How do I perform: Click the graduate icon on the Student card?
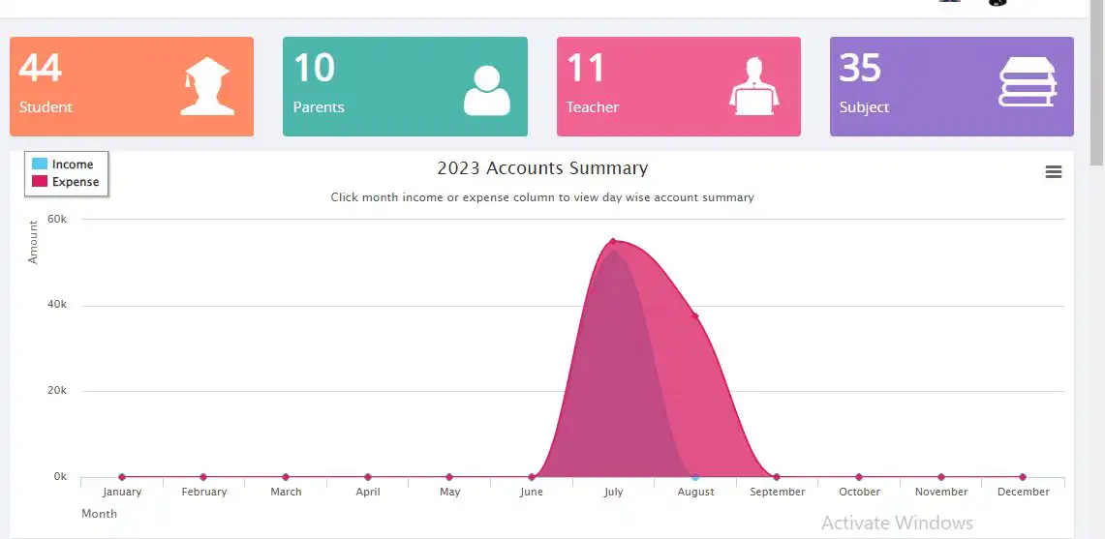coord(208,86)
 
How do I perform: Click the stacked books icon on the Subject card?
coord(1028,83)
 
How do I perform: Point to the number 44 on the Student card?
coord(41,68)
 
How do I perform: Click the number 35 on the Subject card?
coord(860,68)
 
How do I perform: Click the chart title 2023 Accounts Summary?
coord(542,168)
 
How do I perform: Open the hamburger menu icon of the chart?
coord(1054,172)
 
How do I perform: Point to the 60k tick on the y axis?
coord(59,220)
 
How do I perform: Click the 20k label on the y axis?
coord(59,391)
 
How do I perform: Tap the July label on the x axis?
coord(613,492)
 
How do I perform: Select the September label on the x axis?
coord(777,492)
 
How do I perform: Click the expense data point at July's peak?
coord(613,242)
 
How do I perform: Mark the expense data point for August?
coord(694,315)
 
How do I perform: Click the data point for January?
coord(122,477)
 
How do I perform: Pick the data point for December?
coord(1023,477)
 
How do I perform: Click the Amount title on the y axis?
coord(33,242)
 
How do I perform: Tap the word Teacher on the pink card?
coord(592,107)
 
